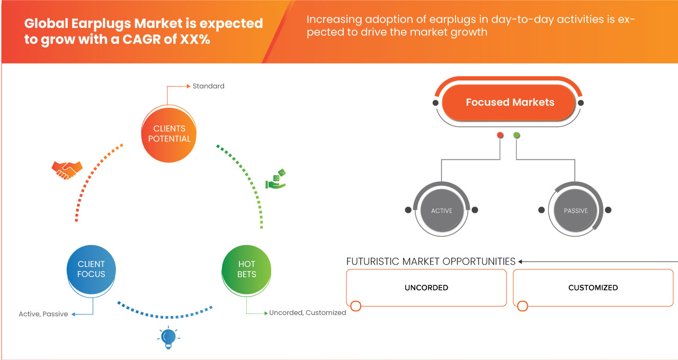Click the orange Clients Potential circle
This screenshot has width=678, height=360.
point(169,134)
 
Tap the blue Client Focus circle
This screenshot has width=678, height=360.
point(91,269)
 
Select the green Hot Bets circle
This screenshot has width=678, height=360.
point(246,269)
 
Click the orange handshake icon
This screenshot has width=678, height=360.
point(67,170)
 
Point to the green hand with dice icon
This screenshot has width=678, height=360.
point(275,179)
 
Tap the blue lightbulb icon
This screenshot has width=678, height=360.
point(168,338)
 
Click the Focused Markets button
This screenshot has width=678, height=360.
point(509,102)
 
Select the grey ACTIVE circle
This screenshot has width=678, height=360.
point(442,211)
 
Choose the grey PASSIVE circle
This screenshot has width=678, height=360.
point(575,211)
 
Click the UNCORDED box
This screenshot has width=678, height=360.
point(426,287)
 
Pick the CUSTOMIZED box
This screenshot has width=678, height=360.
point(593,287)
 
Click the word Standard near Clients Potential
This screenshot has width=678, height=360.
point(209,86)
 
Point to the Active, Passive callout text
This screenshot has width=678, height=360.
point(43,314)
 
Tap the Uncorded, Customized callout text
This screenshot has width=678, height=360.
point(308,312)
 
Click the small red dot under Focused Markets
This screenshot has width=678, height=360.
point(500,135)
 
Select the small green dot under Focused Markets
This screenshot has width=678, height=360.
point(516,135)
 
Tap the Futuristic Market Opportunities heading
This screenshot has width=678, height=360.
point(431,262)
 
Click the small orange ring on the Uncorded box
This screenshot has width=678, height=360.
point(355,306)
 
